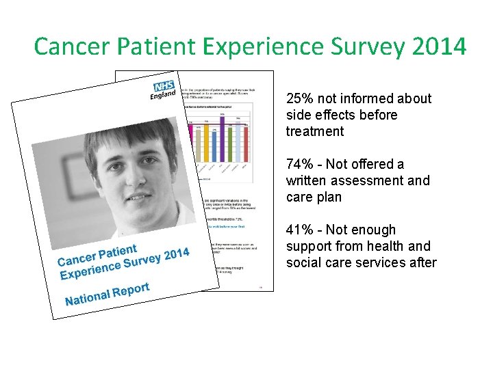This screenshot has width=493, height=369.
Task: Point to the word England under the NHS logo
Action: (x=163, y=96)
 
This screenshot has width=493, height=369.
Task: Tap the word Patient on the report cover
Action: (x=117, y=254)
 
